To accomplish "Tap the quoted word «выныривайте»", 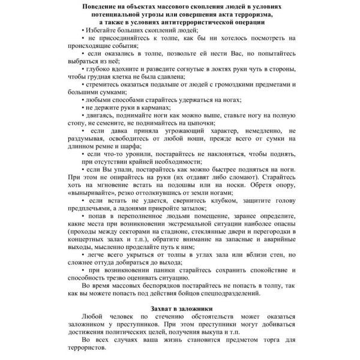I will [92, 194].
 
